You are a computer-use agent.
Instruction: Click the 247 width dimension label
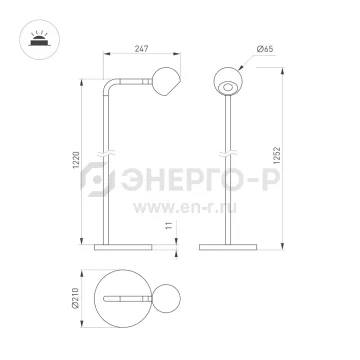point(141,48)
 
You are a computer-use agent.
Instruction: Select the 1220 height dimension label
point(76,160)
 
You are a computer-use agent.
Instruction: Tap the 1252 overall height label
point(277,155)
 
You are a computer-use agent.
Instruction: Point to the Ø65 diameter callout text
point(265,49)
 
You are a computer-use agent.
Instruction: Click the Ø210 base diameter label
point(76,298)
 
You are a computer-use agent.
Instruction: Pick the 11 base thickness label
point(170,225)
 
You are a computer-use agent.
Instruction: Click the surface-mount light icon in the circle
point(40,39)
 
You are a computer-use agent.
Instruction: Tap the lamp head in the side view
point(166,82)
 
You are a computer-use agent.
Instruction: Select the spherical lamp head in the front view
point(228,81)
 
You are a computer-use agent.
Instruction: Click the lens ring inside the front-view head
point(228,87)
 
